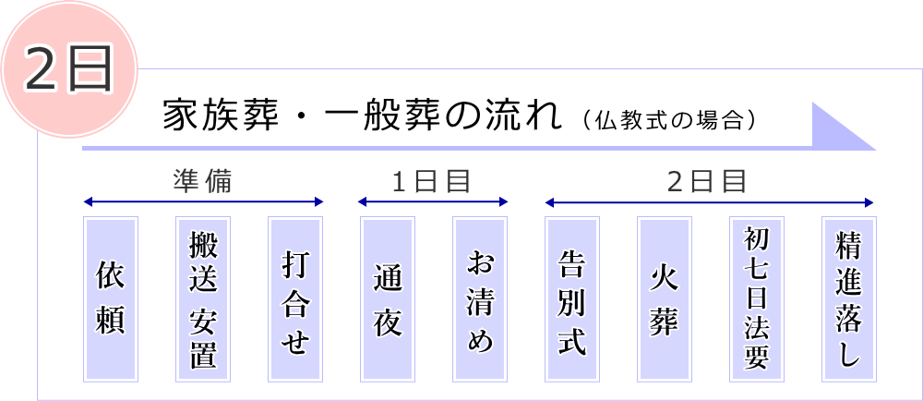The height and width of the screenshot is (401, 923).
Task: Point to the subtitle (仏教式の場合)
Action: click(670, 120)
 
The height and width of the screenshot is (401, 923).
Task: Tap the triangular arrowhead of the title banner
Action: click(836, 128)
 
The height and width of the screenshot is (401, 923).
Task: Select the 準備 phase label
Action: click(202, 181)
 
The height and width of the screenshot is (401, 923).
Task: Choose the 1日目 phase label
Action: click(432, 181)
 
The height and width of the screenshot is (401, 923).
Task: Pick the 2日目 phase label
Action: click(707, 181)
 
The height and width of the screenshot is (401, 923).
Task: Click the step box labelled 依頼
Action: click(111, 298)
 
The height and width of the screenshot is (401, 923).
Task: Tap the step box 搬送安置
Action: click(203, 298)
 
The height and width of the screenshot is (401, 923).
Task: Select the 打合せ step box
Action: click(295, 298)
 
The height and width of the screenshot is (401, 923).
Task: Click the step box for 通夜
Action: click(388, 298)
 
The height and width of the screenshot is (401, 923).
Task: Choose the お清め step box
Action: click(480, 298)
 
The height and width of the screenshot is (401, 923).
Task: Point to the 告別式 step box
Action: click(572, 298)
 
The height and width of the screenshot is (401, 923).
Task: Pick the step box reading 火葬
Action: click(665, 298)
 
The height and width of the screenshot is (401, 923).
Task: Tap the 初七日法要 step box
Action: click(757, 298)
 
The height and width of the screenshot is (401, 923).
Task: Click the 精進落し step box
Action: click(849, 298)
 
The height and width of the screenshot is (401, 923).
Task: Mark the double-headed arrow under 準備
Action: click(203, 201)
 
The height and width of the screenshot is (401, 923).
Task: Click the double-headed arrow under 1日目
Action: click(433, 201)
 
